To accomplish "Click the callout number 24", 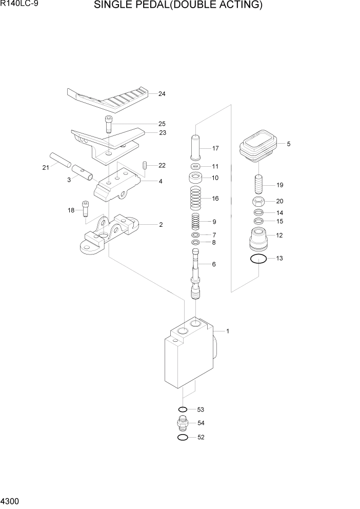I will click(162, 94).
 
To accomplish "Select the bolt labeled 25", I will click(109, 125).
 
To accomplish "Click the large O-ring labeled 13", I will click(259, 259).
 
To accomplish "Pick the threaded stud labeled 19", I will click(259, 184).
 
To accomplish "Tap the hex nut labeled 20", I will click(259, 201).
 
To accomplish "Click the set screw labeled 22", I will click(145, 165).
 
